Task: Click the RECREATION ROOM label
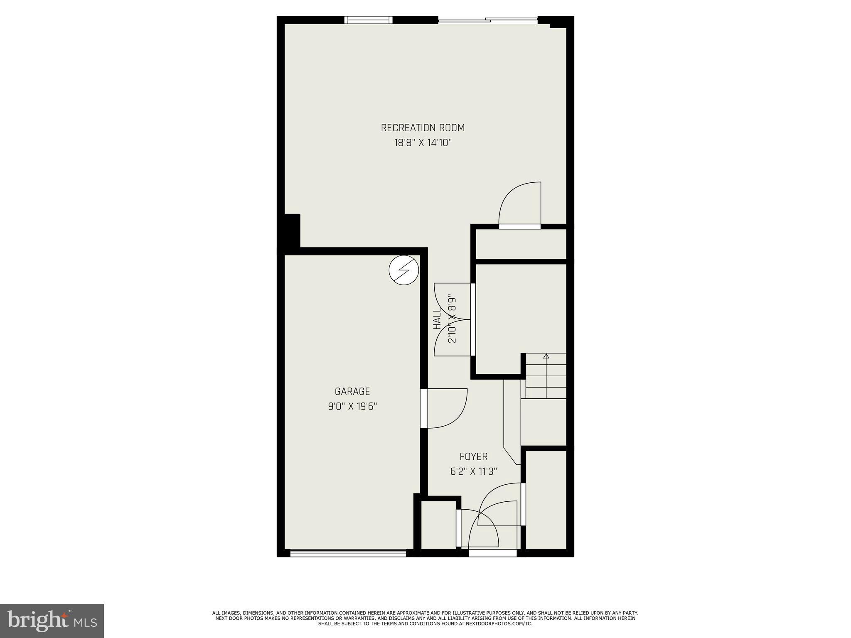[423, 128]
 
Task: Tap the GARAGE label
[352, 391]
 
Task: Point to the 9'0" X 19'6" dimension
[352, 406]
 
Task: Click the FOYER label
[473, 456]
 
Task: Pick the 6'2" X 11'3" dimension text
[473, 471]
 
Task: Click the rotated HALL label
[437, 319]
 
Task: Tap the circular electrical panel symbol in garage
[403, 270]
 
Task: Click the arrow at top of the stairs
[546, 356]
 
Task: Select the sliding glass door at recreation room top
[488, 19]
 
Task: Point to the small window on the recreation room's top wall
[368, 20]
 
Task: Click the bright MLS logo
[52, 621]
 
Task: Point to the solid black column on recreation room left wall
[291, 231]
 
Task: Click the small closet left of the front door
[438, 525]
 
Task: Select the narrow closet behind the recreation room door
[521, 244]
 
